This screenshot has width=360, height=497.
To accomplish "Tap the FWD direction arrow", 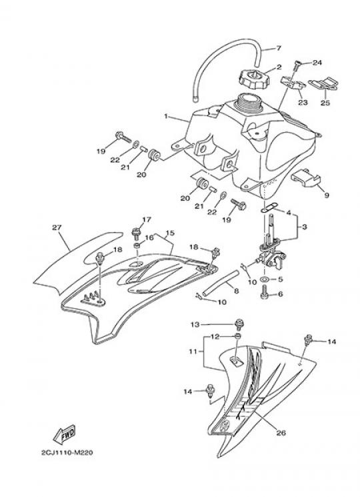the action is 64,434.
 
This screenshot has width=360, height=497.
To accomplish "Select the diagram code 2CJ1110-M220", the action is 67,452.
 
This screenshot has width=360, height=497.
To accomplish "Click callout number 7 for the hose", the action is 279,48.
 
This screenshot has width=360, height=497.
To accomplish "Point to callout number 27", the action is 57,227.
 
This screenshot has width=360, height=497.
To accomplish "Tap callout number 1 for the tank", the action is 165,116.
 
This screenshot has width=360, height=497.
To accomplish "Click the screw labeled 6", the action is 265,292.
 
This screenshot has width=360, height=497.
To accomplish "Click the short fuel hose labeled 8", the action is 221,282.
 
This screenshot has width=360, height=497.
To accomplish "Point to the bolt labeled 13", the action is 237,325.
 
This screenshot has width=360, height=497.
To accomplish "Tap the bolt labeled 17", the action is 136,234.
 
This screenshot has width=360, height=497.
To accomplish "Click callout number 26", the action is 281,433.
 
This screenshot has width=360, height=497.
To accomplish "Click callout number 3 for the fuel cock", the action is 304,227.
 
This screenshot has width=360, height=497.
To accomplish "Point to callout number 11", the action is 193,351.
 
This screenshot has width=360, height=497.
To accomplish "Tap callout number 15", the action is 170,233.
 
